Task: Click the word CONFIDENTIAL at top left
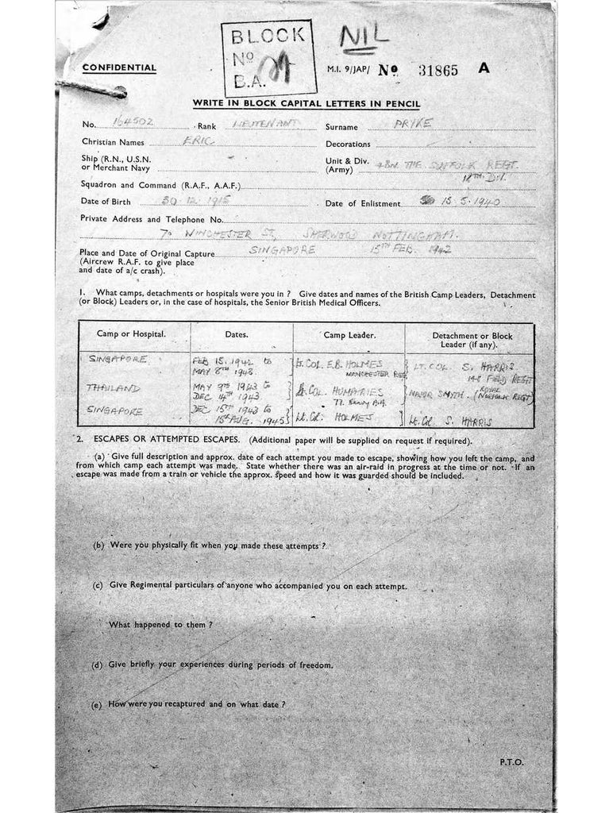coord(119,68)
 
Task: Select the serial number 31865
coord(438,70)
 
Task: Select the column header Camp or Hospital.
coord(131,333)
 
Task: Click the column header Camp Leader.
coord(349,335)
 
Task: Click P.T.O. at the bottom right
coord(511,762)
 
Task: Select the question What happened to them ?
coord(160,625)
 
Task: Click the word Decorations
coord(348,144)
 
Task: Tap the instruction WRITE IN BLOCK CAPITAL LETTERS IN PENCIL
coord(306,104)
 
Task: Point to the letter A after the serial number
coord(484,68)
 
